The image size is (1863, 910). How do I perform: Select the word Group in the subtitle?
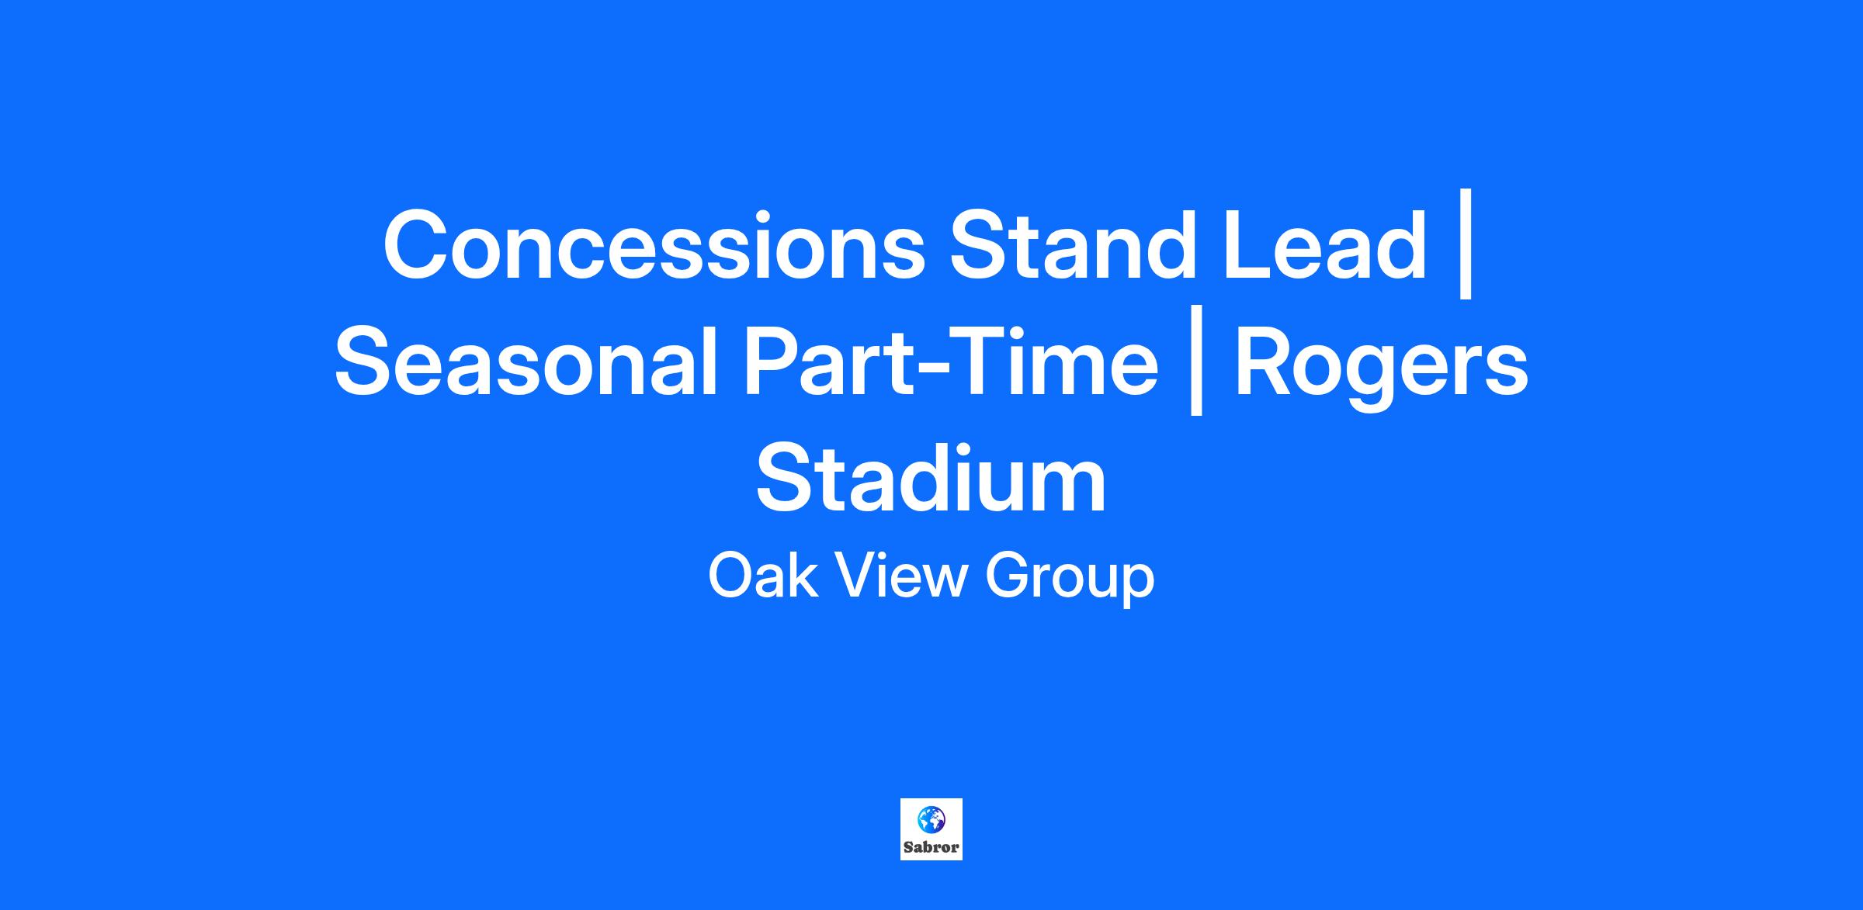[1070, 580]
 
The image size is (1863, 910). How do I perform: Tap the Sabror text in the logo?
[931, 847]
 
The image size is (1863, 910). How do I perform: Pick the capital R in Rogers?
[1268, 362]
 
